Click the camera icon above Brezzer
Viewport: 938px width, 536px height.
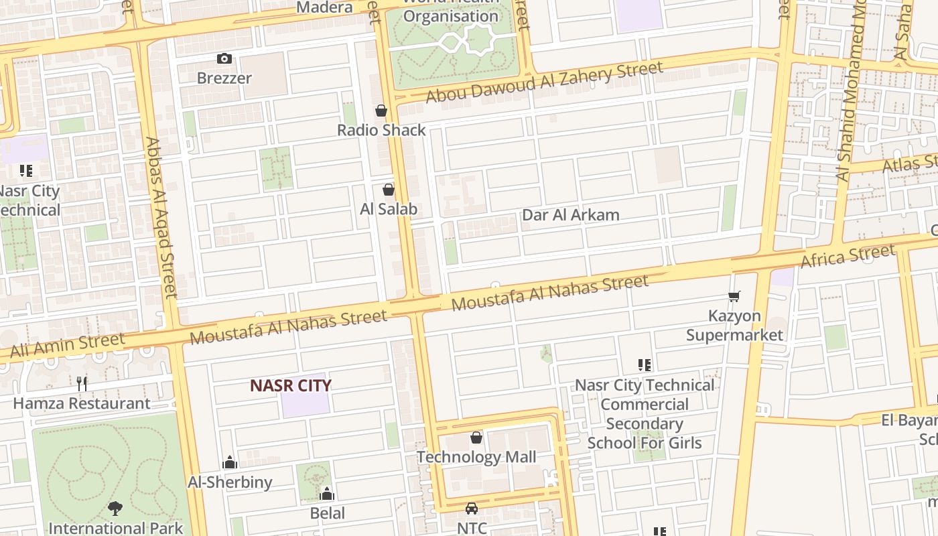coord(224,59)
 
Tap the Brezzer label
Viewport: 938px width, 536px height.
coord(224,78)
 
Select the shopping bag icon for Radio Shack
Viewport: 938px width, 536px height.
coord(381,111)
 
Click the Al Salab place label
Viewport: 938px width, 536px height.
coord(389,209)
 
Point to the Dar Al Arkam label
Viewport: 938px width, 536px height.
coord(570,215)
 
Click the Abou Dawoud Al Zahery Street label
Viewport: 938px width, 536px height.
coord(544,82)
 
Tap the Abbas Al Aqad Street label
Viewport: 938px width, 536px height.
coord(161,217)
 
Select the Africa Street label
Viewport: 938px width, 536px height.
coord(848,257)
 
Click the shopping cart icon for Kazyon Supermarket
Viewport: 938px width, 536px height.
coord(734,296)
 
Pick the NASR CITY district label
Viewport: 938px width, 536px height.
coord(291,385)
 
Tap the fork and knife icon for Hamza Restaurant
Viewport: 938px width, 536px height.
coord(82,383)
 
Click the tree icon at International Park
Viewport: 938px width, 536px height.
coord(115,509)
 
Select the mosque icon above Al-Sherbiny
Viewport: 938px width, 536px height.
coord(230,462)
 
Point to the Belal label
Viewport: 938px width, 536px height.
coord(328,513)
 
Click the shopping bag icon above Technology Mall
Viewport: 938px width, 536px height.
coord(476,438)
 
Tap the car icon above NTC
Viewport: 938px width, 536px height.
coord(472,509)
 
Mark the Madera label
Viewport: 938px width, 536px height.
coord(324,7)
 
